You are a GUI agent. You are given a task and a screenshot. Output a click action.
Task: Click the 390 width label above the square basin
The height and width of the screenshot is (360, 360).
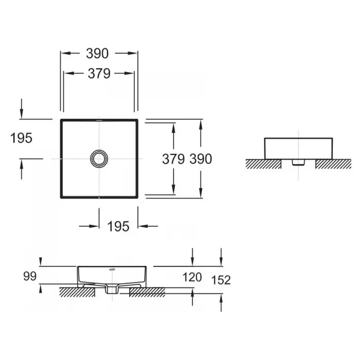(97, 53)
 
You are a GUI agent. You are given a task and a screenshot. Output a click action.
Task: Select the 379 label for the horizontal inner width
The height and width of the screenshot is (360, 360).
(99, 74)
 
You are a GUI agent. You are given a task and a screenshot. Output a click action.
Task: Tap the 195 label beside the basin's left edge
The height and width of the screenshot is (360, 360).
(22, 138)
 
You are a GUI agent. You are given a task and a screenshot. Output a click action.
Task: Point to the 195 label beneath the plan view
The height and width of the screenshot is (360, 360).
(118, 227)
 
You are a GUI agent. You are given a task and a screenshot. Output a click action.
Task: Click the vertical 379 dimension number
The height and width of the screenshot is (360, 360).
(173, 159)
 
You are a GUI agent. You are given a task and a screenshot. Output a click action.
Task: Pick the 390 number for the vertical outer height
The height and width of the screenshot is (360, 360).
(201, 159)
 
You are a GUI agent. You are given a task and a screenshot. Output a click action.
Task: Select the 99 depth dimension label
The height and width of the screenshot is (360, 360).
(30, 276)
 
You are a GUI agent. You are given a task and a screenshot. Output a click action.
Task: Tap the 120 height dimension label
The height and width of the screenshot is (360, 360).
(192, 277)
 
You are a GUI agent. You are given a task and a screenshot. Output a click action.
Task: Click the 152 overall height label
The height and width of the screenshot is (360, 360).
(221, 280)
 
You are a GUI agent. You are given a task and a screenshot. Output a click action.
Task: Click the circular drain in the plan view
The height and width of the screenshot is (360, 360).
(99, 158)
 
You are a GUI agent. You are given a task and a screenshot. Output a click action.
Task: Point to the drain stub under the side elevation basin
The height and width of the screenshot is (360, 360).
(298, 163)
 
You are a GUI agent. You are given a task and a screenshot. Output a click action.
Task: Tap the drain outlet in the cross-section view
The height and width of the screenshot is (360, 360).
(112, 290)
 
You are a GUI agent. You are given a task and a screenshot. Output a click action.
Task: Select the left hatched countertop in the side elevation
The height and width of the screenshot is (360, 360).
(263, 164)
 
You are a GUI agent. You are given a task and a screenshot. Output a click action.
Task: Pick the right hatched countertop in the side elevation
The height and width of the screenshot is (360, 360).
(333, 164)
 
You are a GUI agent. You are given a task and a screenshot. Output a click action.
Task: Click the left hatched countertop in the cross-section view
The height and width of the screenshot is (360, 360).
(77, 292)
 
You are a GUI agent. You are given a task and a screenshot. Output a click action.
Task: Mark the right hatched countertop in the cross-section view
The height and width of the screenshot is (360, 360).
(147, 292)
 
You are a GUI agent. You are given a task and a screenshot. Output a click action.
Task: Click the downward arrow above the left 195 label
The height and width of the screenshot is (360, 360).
(22, 109)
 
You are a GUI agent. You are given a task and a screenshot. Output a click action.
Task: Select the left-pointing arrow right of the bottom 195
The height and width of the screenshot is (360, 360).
(148, 226)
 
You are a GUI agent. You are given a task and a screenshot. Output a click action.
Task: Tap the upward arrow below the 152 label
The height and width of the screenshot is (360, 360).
(221, 302)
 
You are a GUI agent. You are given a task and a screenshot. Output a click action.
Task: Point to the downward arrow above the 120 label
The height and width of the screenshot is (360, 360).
(192, 257)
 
